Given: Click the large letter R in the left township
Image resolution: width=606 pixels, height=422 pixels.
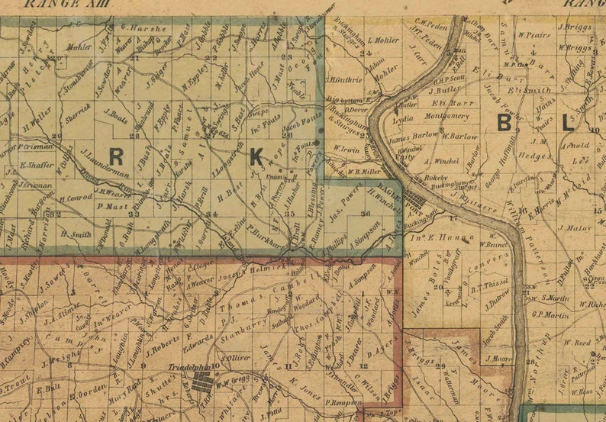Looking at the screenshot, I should [116, 156].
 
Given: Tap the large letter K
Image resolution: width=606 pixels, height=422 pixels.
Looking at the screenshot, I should [256, 157].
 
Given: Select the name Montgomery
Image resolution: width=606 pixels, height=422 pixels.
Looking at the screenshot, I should [446, 117].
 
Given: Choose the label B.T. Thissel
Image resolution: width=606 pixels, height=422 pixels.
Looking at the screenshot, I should [484, 288].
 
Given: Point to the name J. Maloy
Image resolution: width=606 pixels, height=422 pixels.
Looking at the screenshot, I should [575, 227].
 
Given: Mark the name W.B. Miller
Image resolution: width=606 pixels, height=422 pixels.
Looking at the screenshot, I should [365, 172].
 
